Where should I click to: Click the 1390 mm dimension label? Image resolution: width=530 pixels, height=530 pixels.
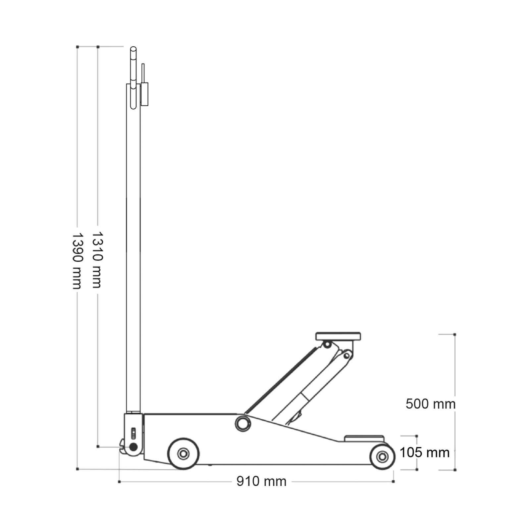(x=77, y=260)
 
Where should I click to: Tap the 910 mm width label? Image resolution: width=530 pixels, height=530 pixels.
(x=261, y=481)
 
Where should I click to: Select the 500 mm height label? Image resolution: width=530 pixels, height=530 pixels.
(x=431, y=404)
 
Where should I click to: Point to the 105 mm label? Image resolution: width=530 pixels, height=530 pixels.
(x=424, y=452)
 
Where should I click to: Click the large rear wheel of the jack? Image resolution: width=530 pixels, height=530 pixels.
(x=183, y=453)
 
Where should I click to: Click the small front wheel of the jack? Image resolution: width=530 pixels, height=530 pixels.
(x=382, y=457)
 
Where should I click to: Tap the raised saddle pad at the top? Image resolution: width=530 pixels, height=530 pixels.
(x=338, y=337)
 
